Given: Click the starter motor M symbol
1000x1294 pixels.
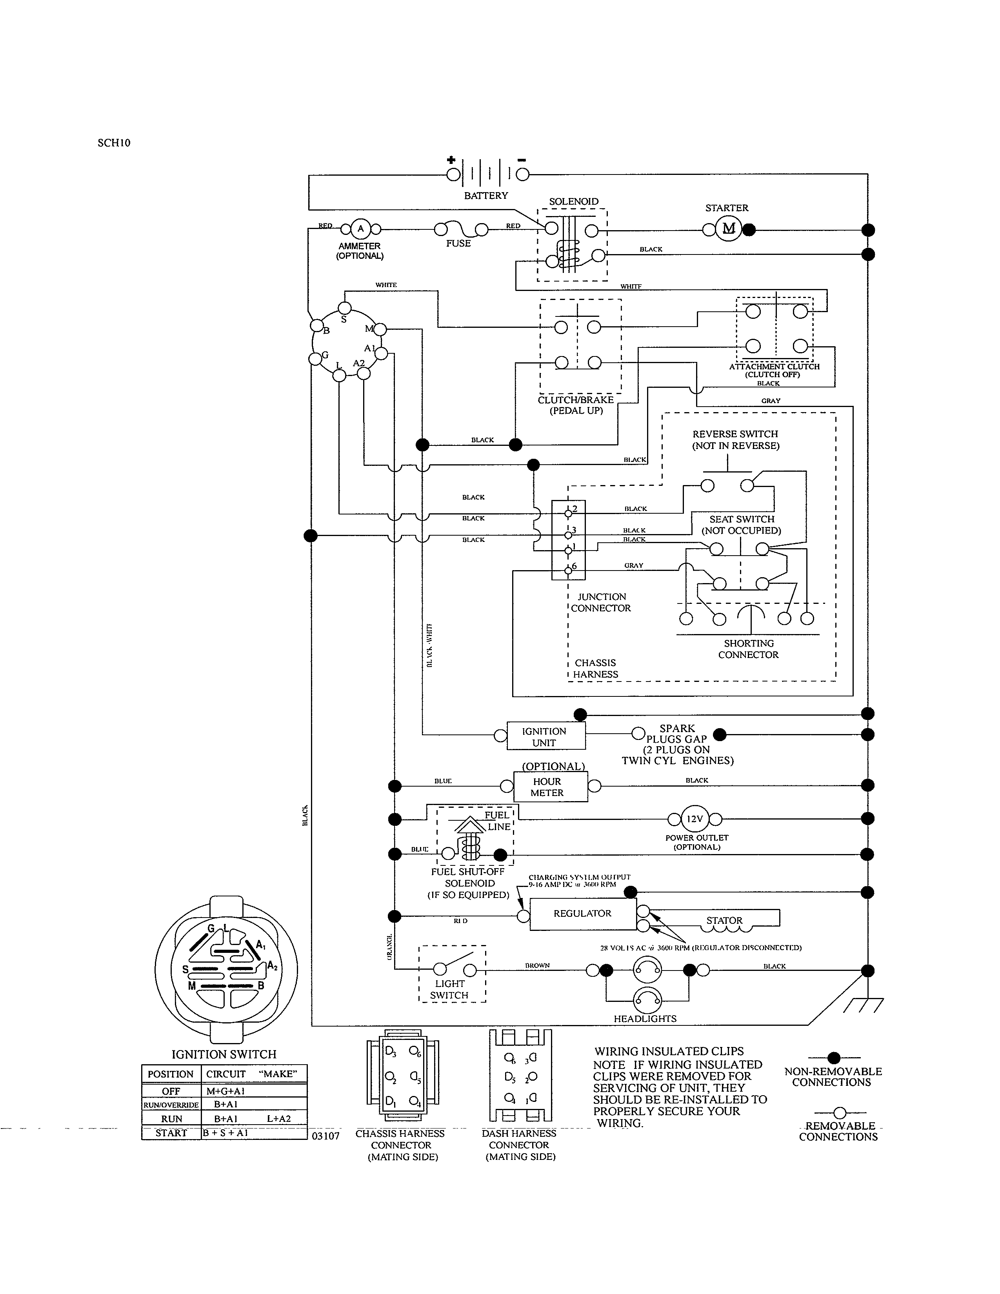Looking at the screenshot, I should (729, 229).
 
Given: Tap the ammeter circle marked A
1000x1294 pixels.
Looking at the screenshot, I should (360, 229).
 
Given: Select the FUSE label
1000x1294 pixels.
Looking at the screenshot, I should (458, 244).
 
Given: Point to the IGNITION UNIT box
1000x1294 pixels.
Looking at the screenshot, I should (544, 736).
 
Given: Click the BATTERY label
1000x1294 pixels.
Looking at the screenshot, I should (486, 196).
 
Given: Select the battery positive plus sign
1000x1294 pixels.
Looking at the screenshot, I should (451, 159).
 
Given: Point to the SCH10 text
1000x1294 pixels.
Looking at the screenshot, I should (114, 143).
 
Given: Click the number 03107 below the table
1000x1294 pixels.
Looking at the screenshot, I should (325, 1136).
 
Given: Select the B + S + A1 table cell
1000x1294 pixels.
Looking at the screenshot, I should (226, 1132).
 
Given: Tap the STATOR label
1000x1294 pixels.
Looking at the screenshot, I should (724, 920).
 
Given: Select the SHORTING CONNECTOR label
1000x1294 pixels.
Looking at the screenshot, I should (748, 649).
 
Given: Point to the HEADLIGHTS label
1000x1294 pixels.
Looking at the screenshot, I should (645, 1018).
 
